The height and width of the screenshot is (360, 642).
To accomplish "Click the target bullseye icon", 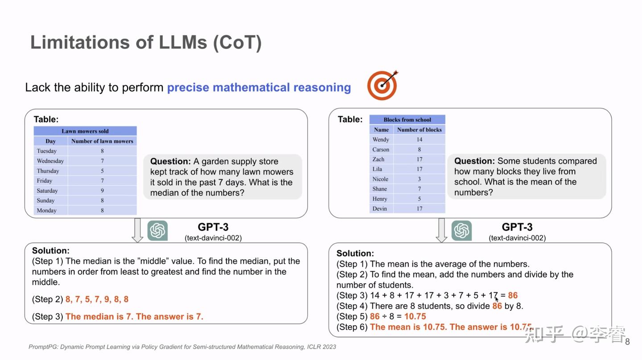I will pos(382,86).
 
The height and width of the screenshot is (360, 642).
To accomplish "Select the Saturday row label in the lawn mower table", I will pos(47,190).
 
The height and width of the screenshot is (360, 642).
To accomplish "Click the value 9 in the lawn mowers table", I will pos(102,190).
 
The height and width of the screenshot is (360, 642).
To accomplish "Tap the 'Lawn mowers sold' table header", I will pos(85,131).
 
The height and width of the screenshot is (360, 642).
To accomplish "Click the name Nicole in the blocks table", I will pos(380,179).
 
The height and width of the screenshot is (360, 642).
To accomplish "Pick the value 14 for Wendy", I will pos(419,140).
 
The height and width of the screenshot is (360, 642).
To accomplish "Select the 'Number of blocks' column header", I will pos(419,130).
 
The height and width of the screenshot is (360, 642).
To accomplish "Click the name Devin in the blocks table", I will pos(380,208).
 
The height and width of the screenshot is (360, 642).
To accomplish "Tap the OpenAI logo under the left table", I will pos(157,231).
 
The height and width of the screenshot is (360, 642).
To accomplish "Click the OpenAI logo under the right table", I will pos(461,231).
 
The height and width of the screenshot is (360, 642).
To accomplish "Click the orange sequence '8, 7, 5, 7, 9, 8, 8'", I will pos(97,299).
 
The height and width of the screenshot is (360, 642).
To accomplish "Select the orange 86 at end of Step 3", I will pos(513,295).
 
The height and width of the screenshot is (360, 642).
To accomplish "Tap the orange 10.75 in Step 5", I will pos(415,316).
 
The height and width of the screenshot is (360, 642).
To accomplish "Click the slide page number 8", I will pos(627,342).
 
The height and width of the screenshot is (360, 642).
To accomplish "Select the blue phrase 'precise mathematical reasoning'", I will pos(259,87).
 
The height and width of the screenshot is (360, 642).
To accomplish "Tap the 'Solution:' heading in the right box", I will pos(355,253).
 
